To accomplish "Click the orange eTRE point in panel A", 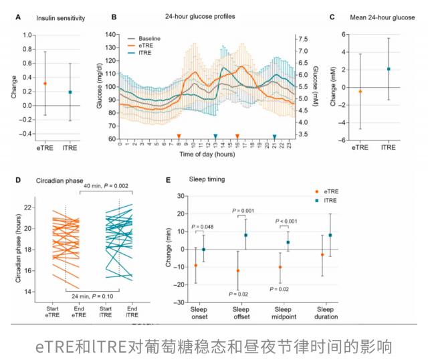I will (45, 84).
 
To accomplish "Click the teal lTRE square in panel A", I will (70, 92).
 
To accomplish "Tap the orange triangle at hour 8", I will (179, 136).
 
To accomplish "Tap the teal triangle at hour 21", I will (274, 136).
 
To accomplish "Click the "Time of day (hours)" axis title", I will (206, 155).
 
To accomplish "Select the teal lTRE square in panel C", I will (388, 69).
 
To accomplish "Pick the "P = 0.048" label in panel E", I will (201, 227).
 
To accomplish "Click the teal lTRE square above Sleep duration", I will (330, 236).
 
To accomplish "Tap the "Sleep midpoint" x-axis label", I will (284, 314).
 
